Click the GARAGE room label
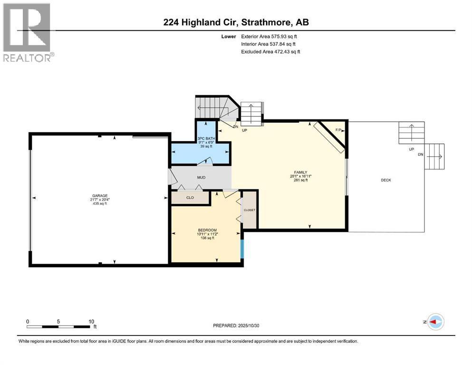pyautogui.click(x=100, y=195)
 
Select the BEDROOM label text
pyautogui.click(x=207, y=230)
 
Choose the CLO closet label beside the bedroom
pyautogui.click(x=190, y=198)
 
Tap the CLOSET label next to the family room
pyautogui.click(x=250, y=210)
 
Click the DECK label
pyautogui.click(x=386, y=180)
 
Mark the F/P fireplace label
pyautogui.click(x=338, y=130)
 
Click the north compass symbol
pyautogui.click(x=435, y=322)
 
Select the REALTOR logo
pyautogui.click(x=28, y=32)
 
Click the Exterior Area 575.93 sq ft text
pyautogui.click(x=270, y=37)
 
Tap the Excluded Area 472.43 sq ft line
pyautogui.click(x=270, y=52)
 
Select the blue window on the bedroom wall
pyautogui.click(x=242, y=248)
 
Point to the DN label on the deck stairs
pyautogui.click(x=420, y=154)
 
